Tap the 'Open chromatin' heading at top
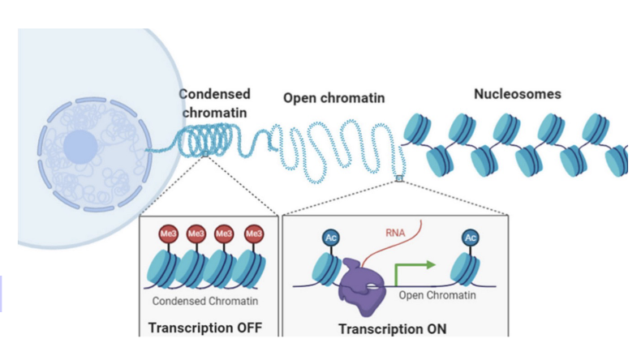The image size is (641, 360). [333, 98]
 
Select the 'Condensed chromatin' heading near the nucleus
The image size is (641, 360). [214, 102]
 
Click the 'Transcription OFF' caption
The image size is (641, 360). [205, 328]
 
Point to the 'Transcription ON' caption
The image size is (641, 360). [392, 329]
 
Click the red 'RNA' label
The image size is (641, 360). [395, 236]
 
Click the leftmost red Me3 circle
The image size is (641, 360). [166, 234]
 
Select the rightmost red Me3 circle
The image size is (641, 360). [254, 234]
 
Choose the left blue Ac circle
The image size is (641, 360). [331, 238]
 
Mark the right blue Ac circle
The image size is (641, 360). [470, 238]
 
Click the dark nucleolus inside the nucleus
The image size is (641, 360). [80, 147]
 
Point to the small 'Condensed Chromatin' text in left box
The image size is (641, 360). [204, 302]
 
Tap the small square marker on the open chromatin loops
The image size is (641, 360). [399, 178]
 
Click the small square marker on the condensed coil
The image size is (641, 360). [205, 153]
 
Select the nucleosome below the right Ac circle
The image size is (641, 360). [467, 270]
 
